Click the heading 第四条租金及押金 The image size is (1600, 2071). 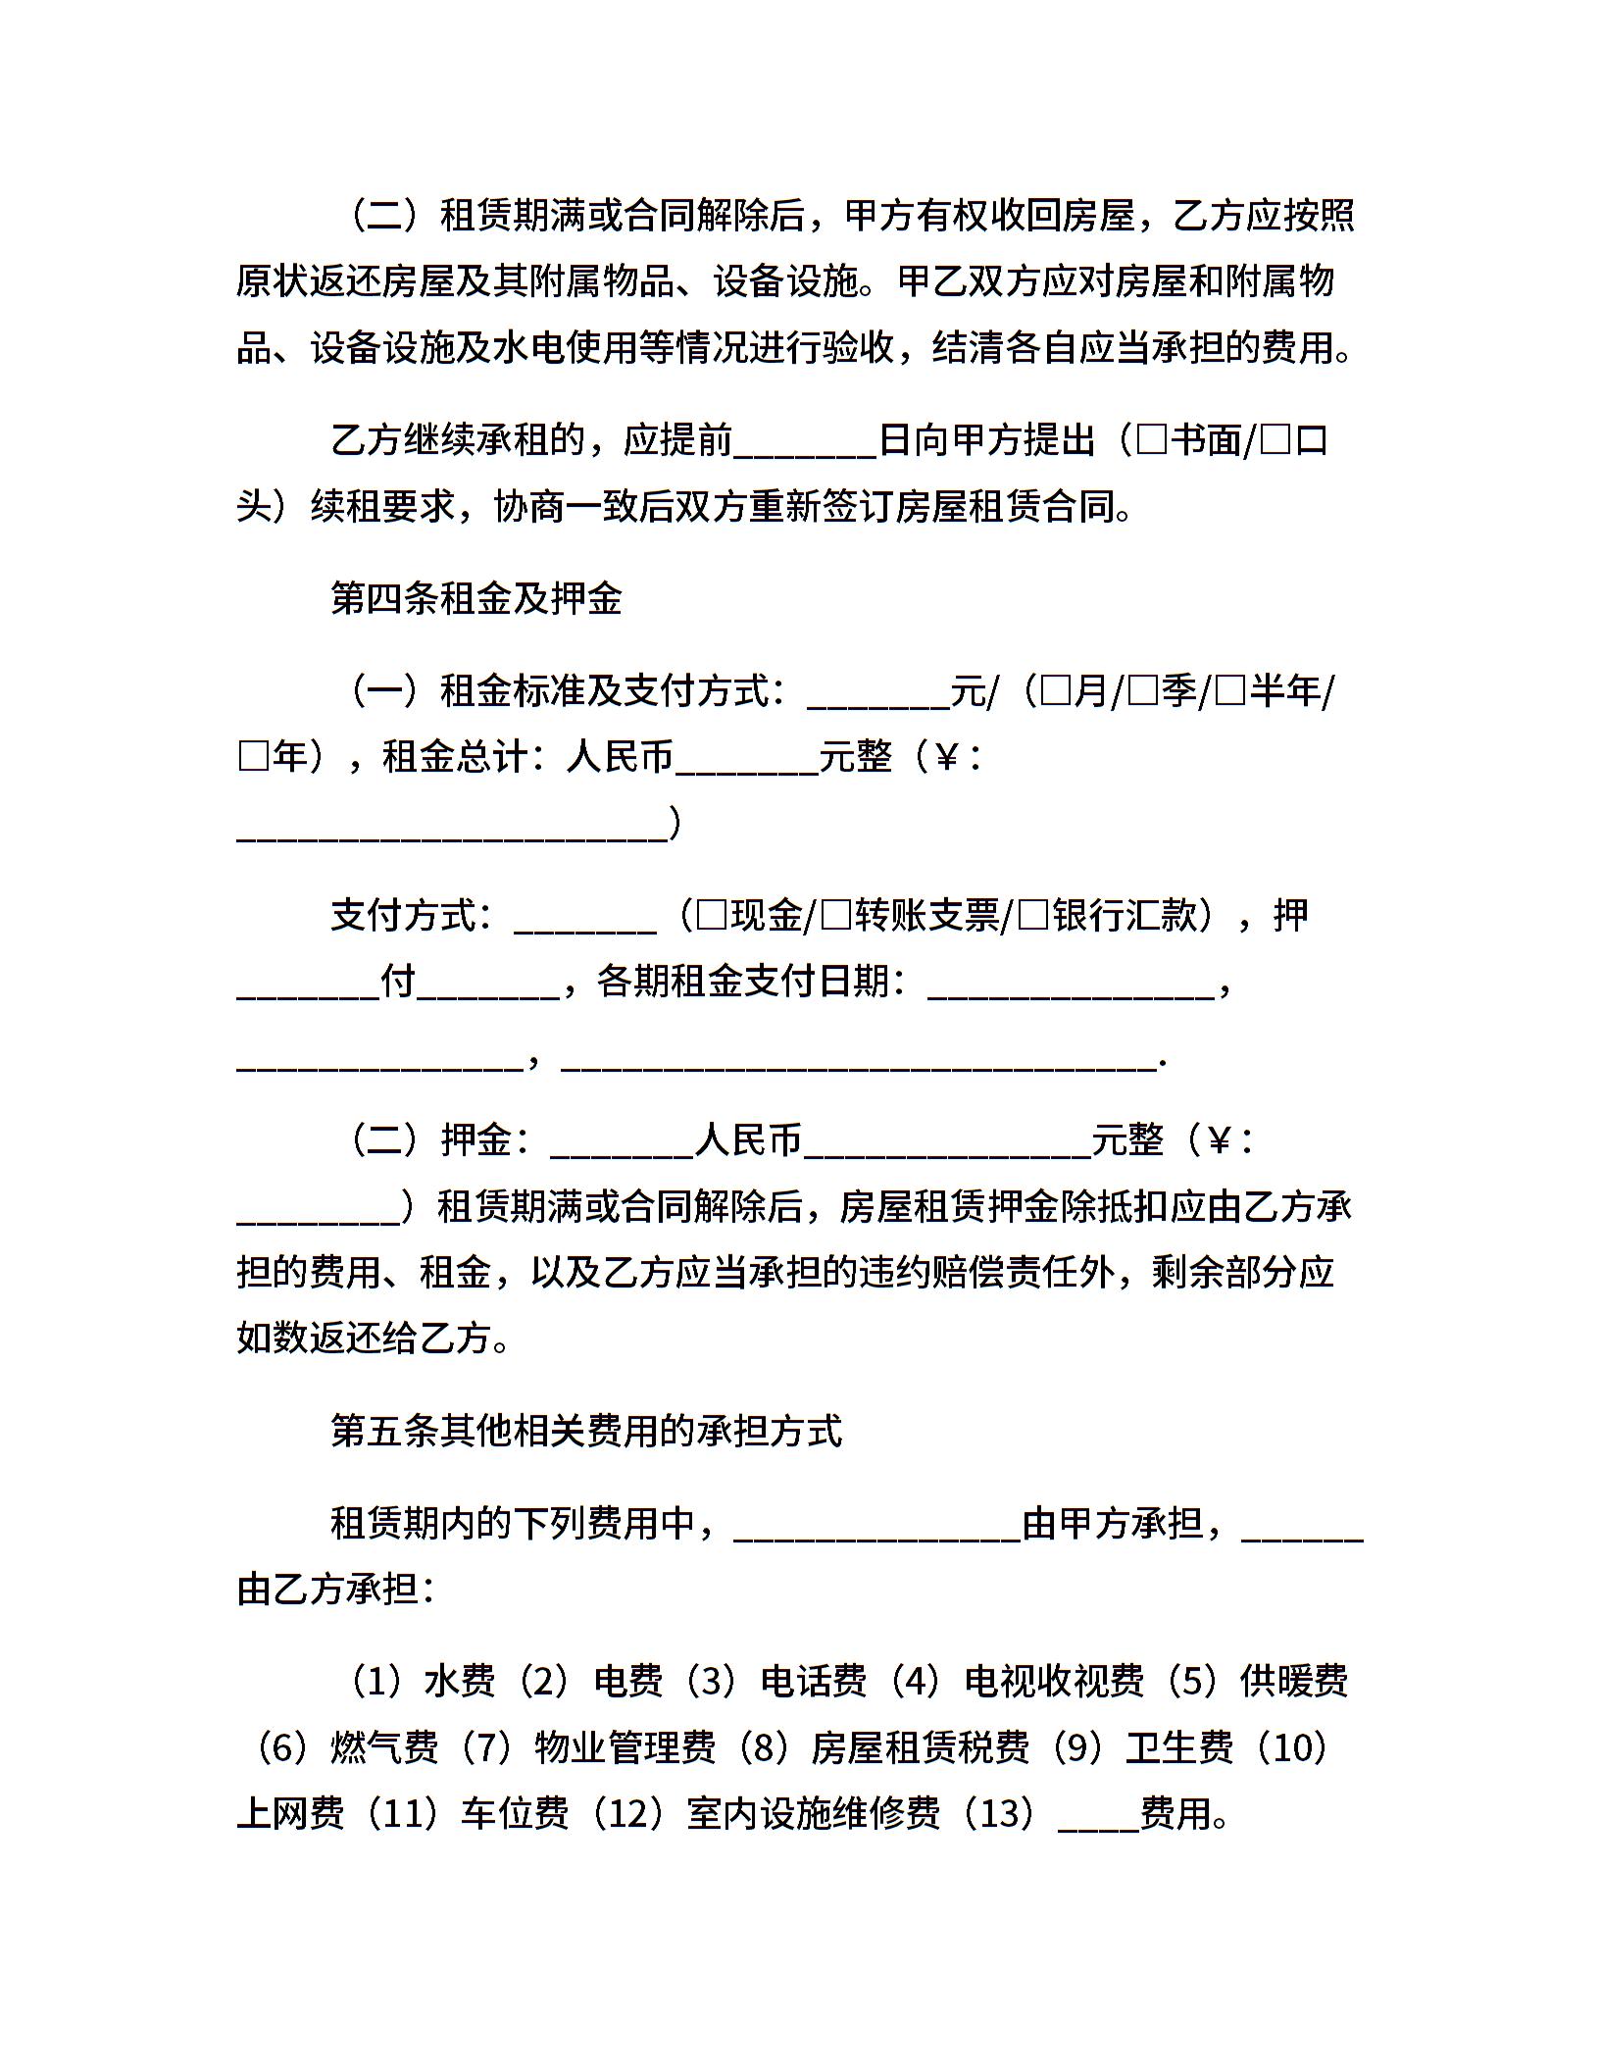pyautogui.click(x=476, y=598)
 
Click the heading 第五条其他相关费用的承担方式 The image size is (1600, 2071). pyautogui.click(x=586, y=1431)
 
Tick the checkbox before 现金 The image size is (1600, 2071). pyautogui.click(x=712, y=916)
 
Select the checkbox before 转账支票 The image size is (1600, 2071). pyautogui.click(x=835, y=916)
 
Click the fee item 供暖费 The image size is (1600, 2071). pyautogui.click(x=1294, y=1680)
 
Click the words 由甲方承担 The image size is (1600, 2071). pyautogui.click(x=1112, y=1523)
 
